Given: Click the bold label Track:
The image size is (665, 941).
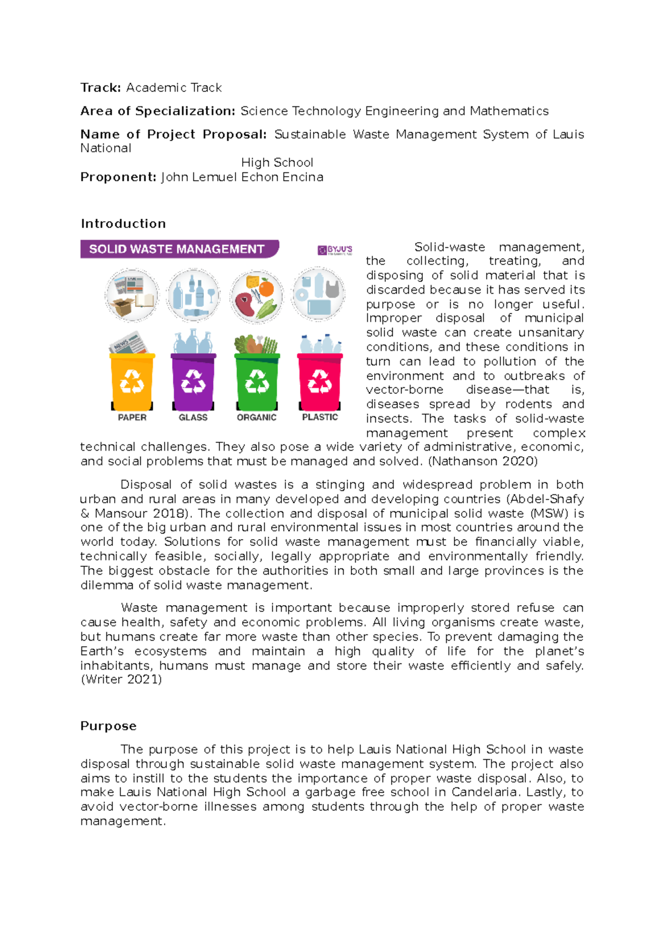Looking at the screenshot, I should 100,88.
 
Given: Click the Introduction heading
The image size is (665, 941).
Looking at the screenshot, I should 123,223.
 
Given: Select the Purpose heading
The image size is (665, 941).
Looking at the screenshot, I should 108,726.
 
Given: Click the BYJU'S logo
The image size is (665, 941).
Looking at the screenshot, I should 335,250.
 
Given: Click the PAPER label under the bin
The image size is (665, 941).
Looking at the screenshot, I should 132,417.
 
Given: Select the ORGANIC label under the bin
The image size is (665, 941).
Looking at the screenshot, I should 257,417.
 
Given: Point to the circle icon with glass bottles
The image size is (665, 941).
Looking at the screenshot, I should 193,295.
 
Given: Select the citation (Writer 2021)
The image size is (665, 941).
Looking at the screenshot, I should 121,679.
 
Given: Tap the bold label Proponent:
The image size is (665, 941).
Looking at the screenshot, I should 119,177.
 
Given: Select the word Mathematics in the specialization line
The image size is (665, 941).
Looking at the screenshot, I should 509,111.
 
